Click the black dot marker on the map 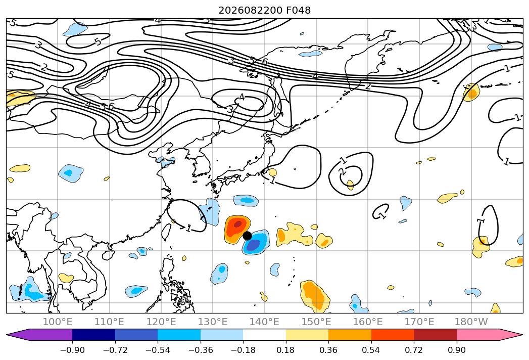point(247,236)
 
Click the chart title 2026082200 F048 point(265,10)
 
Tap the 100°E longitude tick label point(58,322)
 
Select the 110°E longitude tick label point(109,322)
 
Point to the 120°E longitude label point(161,322)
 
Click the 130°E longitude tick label point(213,322)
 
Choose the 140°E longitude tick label point(264,322)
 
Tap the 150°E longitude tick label point(316,322)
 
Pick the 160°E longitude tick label point(368,322)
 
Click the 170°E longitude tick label point(419,322)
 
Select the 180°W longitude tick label point(471,322)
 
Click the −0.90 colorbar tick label point(72,350)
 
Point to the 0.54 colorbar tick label point(371,350)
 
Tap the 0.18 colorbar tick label point(286,350)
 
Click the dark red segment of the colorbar point(435,334)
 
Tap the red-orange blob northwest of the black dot point(237,229)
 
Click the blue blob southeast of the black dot point(255,243)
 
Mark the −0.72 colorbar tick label point(115,350)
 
